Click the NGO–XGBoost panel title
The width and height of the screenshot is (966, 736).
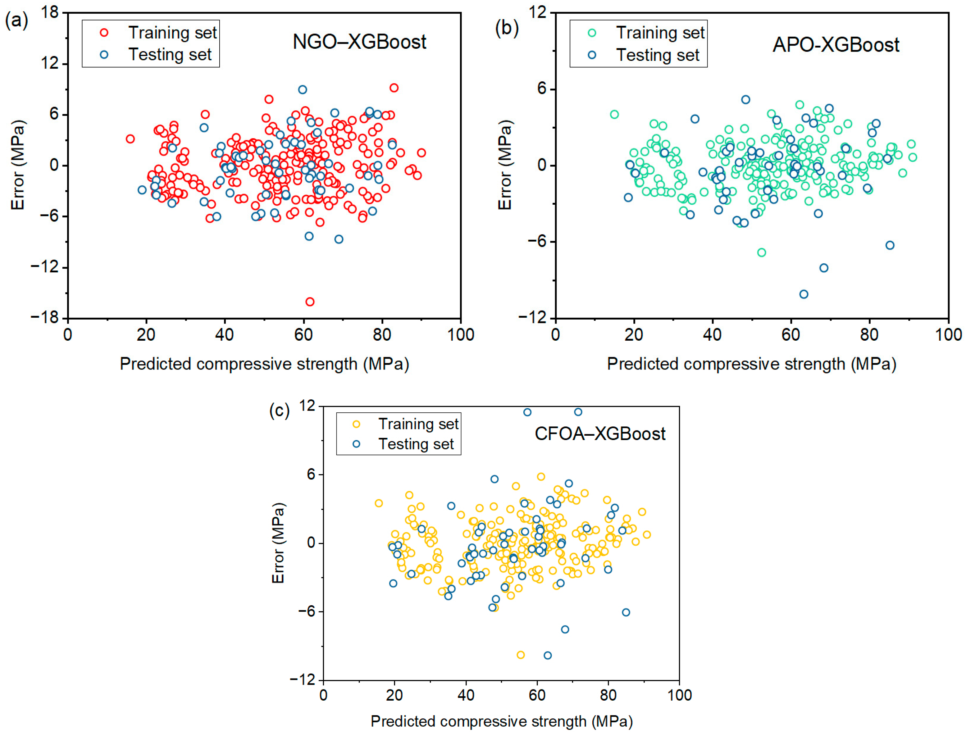(x=359, y=42)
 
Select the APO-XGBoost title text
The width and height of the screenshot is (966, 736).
(x=836, y=45)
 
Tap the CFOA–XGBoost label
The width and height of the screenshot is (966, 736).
(x=600, y=434)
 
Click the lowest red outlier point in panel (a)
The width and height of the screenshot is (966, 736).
(x=310, y=302)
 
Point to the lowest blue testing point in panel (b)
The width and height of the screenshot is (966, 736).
(x=804, y=294)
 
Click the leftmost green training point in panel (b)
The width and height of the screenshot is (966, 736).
(x=614, y=114)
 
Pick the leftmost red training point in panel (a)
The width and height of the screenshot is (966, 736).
(x=130, y=139)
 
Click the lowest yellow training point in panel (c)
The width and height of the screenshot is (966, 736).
(x=521, y=655)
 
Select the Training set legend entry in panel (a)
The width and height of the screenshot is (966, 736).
(x=172, y=33)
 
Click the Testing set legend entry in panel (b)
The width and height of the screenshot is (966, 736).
(x=658, y=55)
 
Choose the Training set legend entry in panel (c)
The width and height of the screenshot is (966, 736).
(x=418, y=424)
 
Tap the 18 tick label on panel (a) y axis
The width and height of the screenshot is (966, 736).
(x=49, y=12)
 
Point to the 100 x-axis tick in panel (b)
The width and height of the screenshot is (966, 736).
(x=948, y=335)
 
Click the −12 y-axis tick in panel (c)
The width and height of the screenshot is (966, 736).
(x=303, y=679)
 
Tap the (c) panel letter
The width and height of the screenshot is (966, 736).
(x=279, y=411)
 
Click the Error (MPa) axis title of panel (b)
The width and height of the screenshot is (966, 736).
(x=505, y=165)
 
